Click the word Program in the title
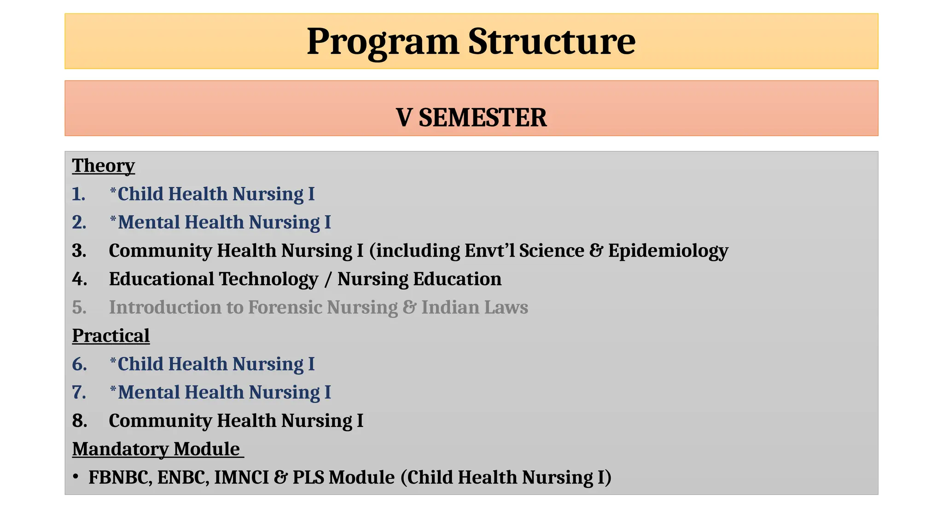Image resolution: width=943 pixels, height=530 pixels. tap(383, 41)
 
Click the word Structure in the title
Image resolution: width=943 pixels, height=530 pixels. tap(552, 41)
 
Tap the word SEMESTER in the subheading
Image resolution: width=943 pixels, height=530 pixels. tap(482, 117)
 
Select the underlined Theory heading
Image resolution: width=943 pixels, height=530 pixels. tap(103, 166)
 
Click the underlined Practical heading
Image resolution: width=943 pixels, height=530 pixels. tap(111, 336)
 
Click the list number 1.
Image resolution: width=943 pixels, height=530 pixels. tap(79, 194)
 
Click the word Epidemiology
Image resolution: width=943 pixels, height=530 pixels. tap(668, 251)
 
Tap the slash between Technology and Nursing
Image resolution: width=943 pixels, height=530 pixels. tap(327, 279)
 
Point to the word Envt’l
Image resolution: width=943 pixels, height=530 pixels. tap(490, 251)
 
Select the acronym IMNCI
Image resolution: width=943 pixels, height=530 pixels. tap(241, 478)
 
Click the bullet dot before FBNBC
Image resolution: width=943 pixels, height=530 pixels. tap(76, 477)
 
